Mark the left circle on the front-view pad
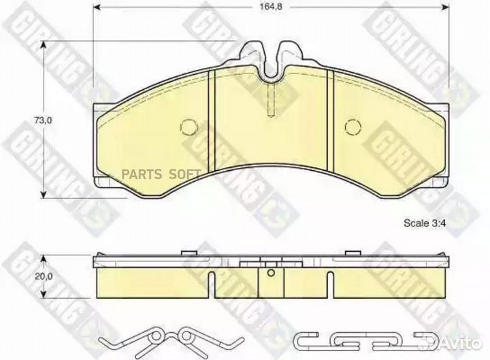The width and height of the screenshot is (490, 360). pyautogui.click(x=189, y=127)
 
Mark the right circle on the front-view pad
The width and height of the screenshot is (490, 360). pyautogui.click(x=352, y=127)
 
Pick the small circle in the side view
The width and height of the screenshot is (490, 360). pyautogui.click(x=270, y=274)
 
